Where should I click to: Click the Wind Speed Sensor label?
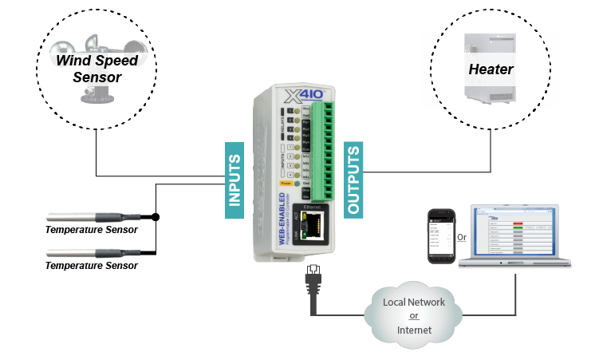tap(97, 69)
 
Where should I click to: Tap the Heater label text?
tap(491, 69)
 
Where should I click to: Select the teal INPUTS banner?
tap(234, 180)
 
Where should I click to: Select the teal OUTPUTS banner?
tap(353, 180)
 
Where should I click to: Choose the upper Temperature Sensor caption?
tap(92, 230)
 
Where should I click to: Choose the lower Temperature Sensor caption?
tap(92, 266)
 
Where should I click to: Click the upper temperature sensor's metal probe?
tap(72, 216)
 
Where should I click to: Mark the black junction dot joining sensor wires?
tap(156, 216)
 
